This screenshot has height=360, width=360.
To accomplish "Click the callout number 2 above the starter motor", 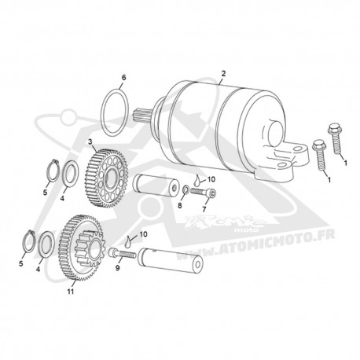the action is pos(223,73).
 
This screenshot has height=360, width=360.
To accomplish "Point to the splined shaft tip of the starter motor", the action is pos(140,115).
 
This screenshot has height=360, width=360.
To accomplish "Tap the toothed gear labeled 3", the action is pos(106,178).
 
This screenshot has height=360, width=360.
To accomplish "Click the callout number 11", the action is pos(71,292).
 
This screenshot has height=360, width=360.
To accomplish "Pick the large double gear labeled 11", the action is pos(81,248).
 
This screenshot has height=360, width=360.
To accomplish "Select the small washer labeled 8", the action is pos(186,189).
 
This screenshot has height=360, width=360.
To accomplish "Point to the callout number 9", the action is pos(118,267).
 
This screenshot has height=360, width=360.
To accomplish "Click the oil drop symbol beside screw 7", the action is pos(197,180).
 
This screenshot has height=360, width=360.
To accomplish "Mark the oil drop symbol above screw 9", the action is pos(128,241).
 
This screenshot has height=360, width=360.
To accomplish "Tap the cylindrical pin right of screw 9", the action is pos(171,260).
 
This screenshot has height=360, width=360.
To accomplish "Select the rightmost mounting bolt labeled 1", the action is pos(335,138).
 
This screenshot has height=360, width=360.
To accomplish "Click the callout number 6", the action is pos(123,78).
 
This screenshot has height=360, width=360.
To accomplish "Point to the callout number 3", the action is pos(90,141).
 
